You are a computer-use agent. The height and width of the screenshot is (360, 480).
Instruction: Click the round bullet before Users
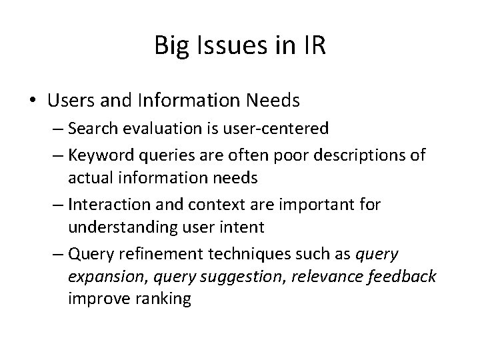click(34, 101)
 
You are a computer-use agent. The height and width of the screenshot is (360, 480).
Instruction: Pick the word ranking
click(157, 299)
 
